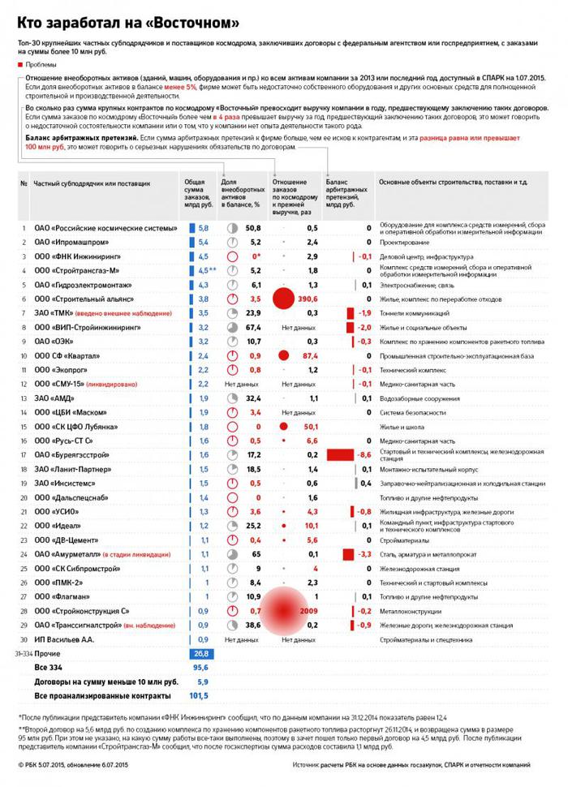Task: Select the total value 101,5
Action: point(199,696)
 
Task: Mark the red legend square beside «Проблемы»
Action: point(19,63)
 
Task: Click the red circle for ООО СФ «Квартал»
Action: point(284,355)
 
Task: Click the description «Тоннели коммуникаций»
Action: point(411,313)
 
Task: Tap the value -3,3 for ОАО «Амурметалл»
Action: point(364,553)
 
